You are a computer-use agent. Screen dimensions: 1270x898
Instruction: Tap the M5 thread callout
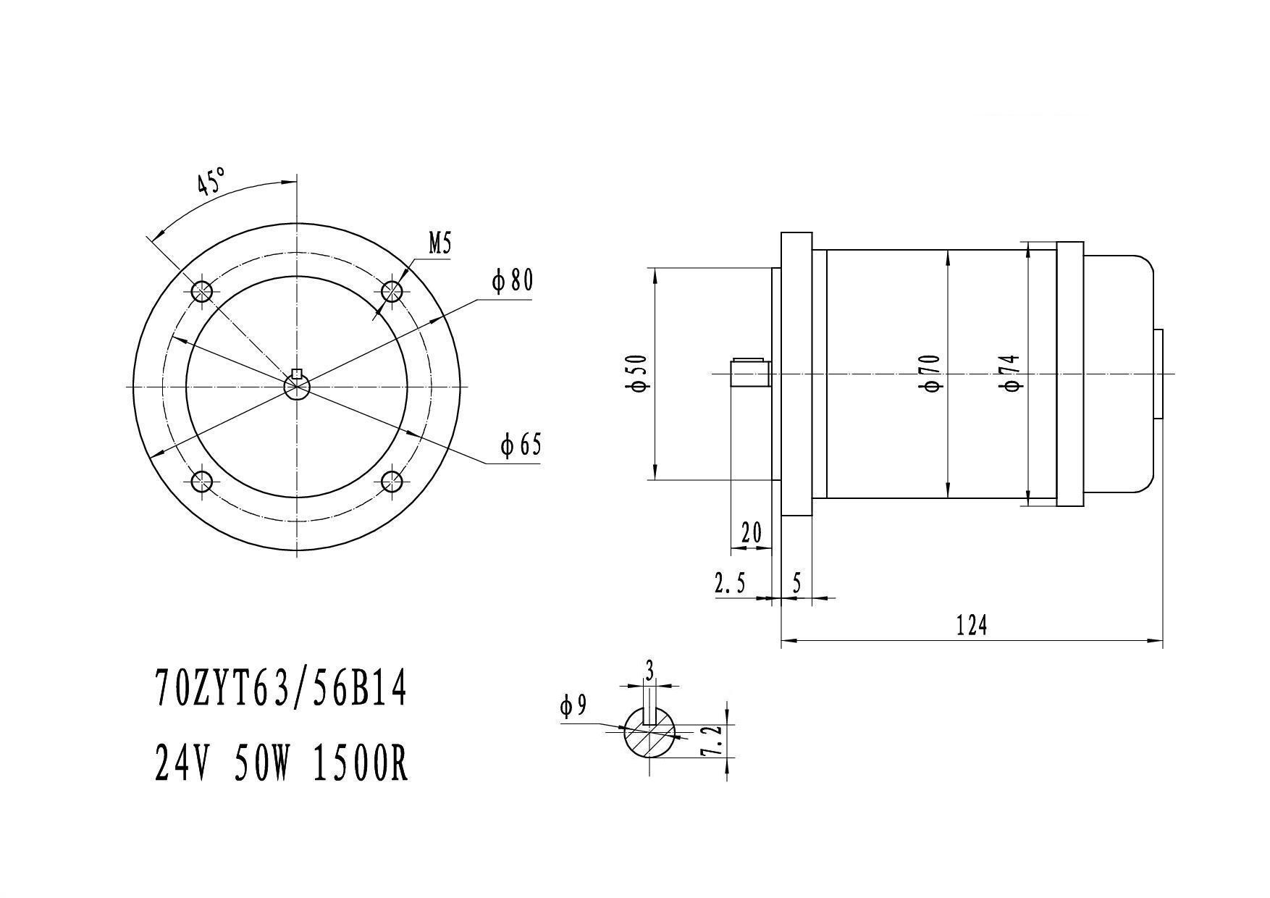pyautogui.click(x=440, y=244)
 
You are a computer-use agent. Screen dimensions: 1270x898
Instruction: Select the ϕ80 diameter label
pyautogui.click(x=513, y=280)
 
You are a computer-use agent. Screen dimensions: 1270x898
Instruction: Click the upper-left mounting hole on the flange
pyautogui.click(x=202, y=292)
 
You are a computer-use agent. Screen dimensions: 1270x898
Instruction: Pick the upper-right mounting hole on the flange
pyautogui.click(x=392, y=292)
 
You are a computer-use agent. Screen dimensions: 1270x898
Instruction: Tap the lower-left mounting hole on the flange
pyautogui.click(x=202, y=481)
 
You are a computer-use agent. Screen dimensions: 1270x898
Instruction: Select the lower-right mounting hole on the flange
pyautogui.click(x=392, y=481)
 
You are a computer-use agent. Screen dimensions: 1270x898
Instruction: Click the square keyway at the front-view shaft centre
pyautogui.click(x=296, y=374)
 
